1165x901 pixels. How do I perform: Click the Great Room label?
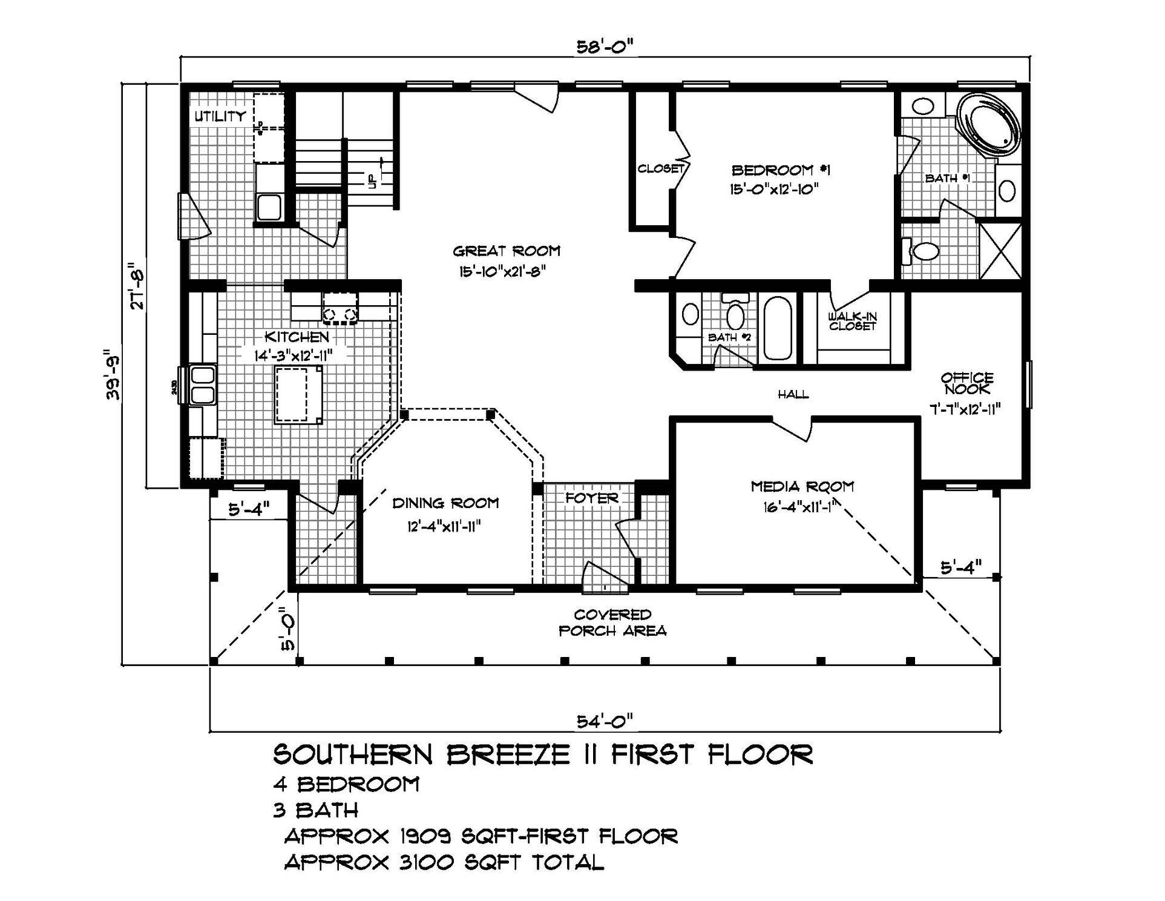(506, 251)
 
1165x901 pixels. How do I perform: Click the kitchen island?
(299, 394)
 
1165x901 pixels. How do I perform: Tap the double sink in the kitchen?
(203, 384)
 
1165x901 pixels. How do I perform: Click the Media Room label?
(802, 486)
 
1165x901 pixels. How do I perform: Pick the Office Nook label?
(966, 383)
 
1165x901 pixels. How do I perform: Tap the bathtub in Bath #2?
(777, 328)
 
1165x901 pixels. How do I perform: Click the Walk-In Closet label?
(853, 321)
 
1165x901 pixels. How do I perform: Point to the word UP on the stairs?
(371, 180)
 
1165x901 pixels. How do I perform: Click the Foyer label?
(592, 498)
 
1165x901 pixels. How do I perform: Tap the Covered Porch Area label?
(612, 623)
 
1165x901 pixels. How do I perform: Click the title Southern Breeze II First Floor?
(543, 754)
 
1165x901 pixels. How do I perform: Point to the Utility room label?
(220, 116)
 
